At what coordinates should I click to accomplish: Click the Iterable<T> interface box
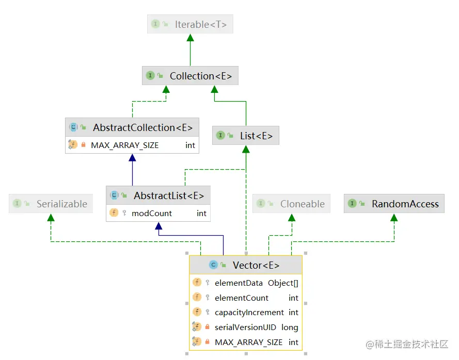[x=190, y=24]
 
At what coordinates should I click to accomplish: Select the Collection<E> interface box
[x=190, y=76]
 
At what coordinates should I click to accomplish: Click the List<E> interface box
[x=246, y=136]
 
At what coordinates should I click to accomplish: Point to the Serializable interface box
[x=51, y=204]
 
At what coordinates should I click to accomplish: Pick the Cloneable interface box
[x=291, y=204]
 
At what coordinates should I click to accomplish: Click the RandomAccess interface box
[x=394, y=204]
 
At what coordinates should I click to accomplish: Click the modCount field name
[x=152, y=213]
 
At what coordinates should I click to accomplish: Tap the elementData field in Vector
[x=239, y=283]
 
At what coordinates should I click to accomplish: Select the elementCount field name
[x=242, y=298]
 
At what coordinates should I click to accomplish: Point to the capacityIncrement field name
[x=249, y=312]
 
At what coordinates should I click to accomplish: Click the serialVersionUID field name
[x=246, y=327]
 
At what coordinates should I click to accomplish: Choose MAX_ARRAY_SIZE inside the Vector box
[x=249, y=342]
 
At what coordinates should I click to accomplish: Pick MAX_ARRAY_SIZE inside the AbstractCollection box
[x=125, y=145]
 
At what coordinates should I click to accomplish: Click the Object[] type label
[x=283, y=283]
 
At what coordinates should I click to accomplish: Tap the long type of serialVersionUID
[x=290, y=327]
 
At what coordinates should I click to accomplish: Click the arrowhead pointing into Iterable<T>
[x=190, y=38]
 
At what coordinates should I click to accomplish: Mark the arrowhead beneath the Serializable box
[x=51, y=218]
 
